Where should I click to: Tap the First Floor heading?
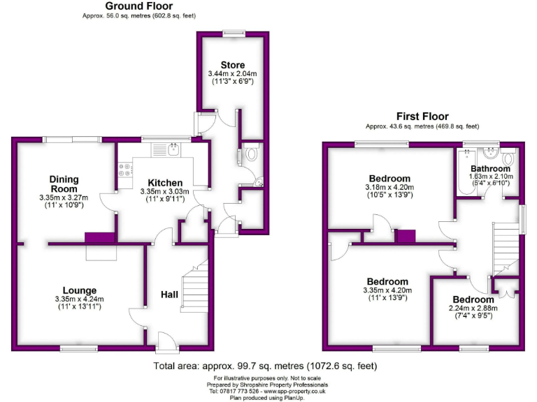pyautogui.click(x=422, y=117)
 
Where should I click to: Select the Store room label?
pyautogui.click(x=232, y=65)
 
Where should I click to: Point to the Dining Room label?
pyautogui.click(x=64, y=184)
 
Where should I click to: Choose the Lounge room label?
pyautogui.click(x=79, y=290)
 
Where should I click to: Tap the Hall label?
pyautogui.click(x=170, y=295)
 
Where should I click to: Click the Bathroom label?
pyautogui.click(x=490, y=168)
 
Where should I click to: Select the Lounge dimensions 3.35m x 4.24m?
pyautogui.click(x=79, y=299)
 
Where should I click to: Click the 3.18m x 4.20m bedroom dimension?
pyautogui.click(x=389, y=188)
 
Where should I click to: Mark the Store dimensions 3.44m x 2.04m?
pyautogui.click(x=232, y=73)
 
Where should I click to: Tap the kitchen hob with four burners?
pyautogui.click(x=126, y=168)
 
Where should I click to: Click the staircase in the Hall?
pyautogui.click(x=198, y=278)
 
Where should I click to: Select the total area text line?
pyautogui.click(x=265, y=366)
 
